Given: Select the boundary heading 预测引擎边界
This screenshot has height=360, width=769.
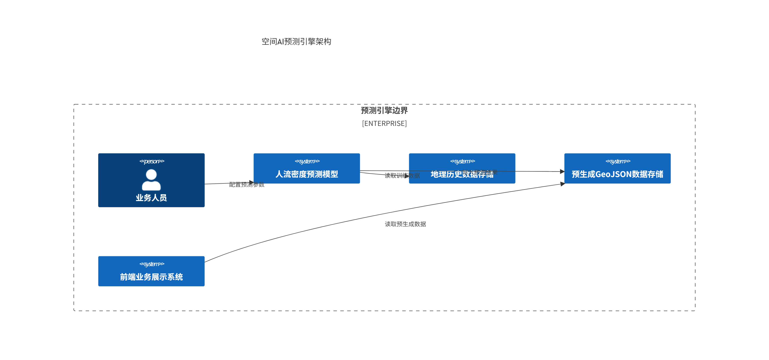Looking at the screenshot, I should (384, 110).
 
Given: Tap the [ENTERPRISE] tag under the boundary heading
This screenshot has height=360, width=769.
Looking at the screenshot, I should (384, 123).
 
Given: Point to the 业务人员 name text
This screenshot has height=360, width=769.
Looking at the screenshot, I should (151, 198).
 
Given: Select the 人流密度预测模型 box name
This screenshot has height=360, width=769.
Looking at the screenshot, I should (307, 174).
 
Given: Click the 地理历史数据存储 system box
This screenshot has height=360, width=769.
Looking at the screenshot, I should (462, 179).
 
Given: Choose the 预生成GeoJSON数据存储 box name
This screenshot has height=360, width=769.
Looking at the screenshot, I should (617, 174).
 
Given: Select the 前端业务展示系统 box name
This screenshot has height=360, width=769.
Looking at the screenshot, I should (151, 277).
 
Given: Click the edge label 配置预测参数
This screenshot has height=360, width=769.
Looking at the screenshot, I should (246, 185).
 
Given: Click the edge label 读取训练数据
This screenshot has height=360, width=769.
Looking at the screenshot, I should (402, 176).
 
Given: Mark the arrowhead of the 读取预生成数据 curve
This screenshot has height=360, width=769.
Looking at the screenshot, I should (562, 184).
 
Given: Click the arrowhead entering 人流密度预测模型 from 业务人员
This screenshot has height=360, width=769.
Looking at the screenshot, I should (251, 182).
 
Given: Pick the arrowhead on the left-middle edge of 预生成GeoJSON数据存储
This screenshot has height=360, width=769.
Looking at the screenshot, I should (562, 172).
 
